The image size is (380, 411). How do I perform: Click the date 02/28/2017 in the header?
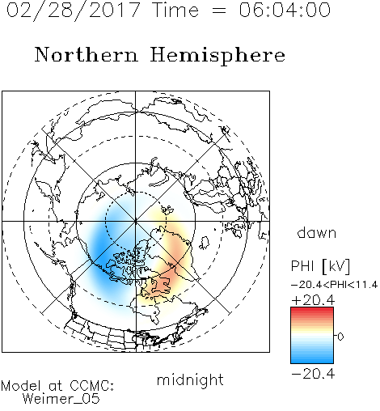click(x=74, y=11)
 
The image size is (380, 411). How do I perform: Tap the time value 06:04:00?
click(x=285, y=10)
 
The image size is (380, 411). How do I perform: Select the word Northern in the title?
click(x=87, y=54)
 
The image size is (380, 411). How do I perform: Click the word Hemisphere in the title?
click(x=217, y=55)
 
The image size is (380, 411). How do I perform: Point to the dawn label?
click(x=317, y=232)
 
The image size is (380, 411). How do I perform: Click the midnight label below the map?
click(x=190, y=380)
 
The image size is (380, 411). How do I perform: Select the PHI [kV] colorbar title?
click(x=320, y=266)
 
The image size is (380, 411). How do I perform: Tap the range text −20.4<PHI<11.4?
click(x=335, y=285)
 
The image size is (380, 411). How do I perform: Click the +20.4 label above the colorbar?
click(x=313, y=300)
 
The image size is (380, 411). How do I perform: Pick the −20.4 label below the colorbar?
click(x=313, y=374)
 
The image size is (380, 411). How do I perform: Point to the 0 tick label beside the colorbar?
click(x=340, y=337)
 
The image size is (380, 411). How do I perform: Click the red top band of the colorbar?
click(x=312, y=311)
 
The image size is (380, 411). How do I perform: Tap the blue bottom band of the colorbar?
click(x=312, y=360)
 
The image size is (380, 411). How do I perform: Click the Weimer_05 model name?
click(x=61, y=398)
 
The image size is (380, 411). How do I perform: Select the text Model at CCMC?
click(x=57, y=386)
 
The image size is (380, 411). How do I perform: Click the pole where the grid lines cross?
click(x=136, y=222)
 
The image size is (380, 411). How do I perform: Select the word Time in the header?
click(x=175, y=10)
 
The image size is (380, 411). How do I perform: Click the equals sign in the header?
click(x=219, y=11)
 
